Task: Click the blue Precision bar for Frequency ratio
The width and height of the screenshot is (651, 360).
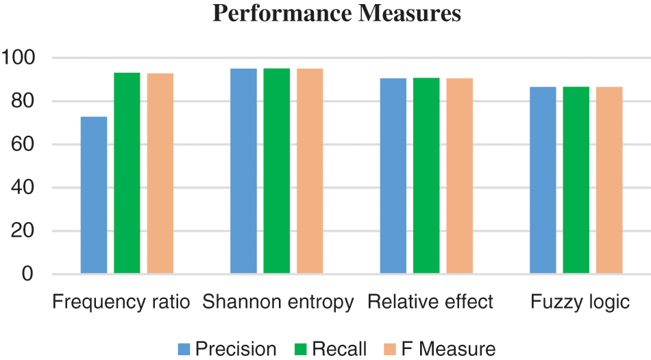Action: (x=94, y=195)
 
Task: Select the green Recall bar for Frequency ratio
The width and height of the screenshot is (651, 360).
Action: (x=127, y=173)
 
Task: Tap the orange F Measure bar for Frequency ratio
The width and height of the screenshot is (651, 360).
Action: (x=160, y=173)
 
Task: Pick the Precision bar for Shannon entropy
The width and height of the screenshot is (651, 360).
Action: (x=243, y=171)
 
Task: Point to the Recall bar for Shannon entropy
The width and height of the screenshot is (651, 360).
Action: (x=277, y=171)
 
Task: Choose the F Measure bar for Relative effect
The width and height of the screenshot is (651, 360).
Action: (x=459, y=176)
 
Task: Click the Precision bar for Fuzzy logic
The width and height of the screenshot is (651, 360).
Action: (x=543, y=180)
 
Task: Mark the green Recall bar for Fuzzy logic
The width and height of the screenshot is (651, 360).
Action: (x=576, y=180)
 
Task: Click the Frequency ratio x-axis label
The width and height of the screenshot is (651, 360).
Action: (x=121, y=302)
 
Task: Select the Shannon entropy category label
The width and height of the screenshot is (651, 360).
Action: (x=278, y=302)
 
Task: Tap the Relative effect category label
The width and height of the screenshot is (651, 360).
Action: (x=430, y=302)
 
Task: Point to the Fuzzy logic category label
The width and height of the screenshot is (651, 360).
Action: (x=580, y=302)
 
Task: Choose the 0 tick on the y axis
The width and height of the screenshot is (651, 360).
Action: (x=27, y=274)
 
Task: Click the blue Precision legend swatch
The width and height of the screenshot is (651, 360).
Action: (x=184, y=349)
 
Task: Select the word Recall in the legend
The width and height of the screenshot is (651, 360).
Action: (x=340, y=349)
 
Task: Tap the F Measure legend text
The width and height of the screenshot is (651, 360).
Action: (x=448, y=349)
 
